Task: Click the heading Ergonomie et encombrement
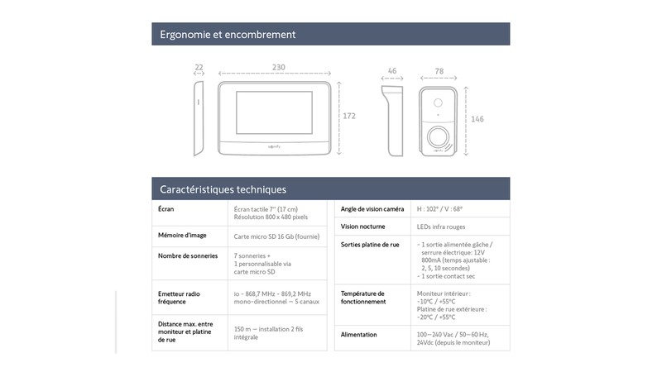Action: [228, 35]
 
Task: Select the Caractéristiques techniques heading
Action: [223, 189]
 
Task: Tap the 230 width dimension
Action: [278, 68]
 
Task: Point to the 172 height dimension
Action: [348, 117]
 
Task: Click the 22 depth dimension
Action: [199, 68]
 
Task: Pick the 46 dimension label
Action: [391, 73]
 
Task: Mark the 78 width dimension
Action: [439, 73]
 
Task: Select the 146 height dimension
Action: [477, 120]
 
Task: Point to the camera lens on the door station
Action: [439, 103]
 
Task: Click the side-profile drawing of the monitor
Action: [199, 118]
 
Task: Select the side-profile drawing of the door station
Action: [392, 120]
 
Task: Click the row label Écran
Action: [166, 209]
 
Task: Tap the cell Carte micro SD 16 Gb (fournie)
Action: [276, 236]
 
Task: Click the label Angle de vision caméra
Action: [372, 209]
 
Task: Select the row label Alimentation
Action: [359, 335]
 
